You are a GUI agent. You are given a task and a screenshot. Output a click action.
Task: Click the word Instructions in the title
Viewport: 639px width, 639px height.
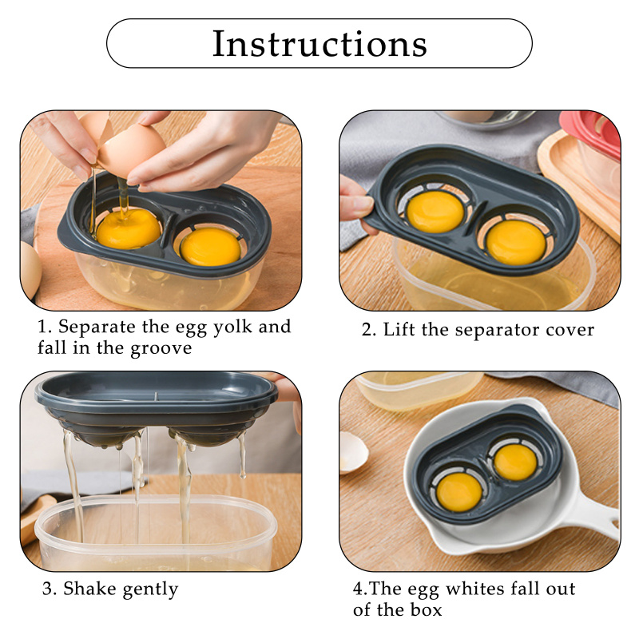pyautogui.click(x=319, y=44)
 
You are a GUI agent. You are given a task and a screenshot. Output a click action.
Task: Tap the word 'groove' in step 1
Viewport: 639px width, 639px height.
pyautogui.click(x=161, y=349)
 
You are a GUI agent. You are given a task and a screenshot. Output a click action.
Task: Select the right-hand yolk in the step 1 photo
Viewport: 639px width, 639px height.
pyautogui.click(x=210, y=247)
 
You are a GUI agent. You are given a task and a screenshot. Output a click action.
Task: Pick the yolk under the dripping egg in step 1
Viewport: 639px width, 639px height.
pyautogui.click(x=129, y=228)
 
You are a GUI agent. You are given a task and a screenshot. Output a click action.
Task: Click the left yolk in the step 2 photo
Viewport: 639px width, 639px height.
pyautogui.click(x=435, y=212)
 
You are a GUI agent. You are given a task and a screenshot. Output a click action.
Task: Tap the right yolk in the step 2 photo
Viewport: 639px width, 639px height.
pyautogui.click(x=516, y=243)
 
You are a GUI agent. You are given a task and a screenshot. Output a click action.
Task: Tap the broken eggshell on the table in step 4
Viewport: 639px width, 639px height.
pyautogui.click(x=353, y=453)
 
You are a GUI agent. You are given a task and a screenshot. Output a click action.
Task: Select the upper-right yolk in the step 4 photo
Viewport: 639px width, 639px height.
pyautogui.click(x=515, y=462)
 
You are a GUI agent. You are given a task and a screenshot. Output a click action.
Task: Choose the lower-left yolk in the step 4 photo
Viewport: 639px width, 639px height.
pyautogui.click(x=458, y=492)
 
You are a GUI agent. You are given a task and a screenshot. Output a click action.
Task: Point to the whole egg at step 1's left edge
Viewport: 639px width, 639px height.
pyautogui.click(x=30, y=270)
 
